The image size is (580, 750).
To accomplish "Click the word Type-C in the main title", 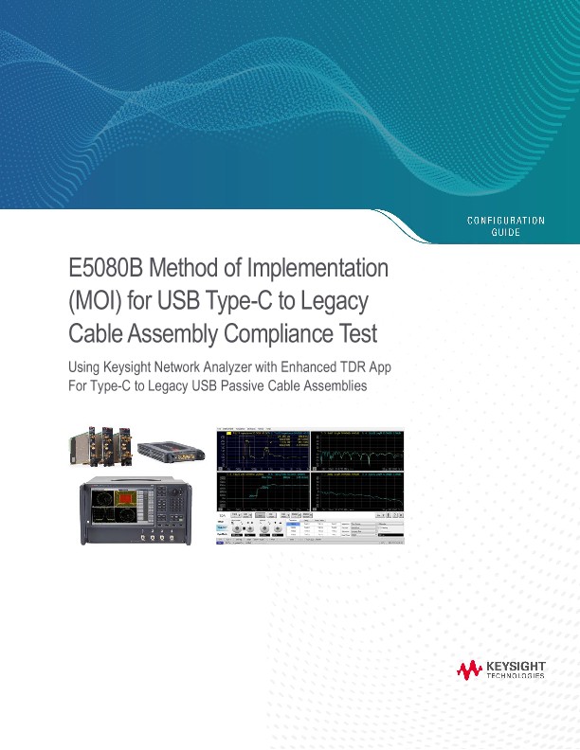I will tap(262, 302).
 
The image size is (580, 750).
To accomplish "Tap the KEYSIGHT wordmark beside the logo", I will tap(516, 667).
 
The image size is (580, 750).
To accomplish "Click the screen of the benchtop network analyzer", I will tap(115, 507).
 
